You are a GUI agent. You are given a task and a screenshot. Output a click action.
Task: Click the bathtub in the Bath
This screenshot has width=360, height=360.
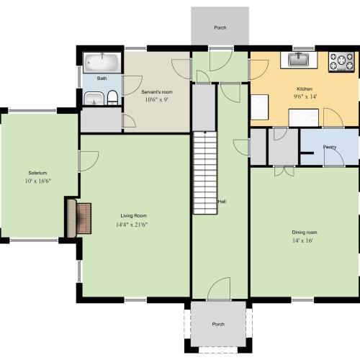(x=102, y=63)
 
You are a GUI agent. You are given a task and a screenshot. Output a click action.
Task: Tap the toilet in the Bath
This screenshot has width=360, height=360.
(x=112, y=98)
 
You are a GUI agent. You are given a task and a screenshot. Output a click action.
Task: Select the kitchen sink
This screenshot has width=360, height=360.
(x=298, y=60)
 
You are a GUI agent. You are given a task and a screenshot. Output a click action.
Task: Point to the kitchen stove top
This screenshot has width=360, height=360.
(x=341, y=62)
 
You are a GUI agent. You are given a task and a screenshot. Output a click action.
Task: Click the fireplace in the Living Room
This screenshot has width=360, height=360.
(x=79, y=218)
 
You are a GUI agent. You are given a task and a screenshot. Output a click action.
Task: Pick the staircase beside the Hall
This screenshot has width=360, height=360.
(x=205, y=172)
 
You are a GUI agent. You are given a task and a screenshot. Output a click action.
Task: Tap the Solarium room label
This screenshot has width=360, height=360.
(x=37, y=173)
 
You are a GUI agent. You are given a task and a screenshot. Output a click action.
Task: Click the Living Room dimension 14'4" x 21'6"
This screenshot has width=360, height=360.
(x=132, y=225)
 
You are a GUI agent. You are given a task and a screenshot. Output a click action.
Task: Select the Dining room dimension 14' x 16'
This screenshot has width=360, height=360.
(x=302, y=240)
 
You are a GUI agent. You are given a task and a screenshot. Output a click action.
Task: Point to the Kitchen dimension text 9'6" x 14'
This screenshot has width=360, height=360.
(x=305, y=96)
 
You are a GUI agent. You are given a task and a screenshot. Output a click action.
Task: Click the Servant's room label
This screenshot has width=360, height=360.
(x=157, y=92)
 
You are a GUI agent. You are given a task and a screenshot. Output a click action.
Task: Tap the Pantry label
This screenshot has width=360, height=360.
(x=330, y=147)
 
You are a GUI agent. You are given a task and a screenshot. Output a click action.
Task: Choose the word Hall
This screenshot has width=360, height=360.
(x=222, y=202)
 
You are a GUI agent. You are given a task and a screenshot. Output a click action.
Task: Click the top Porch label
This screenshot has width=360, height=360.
(x=220, y=27)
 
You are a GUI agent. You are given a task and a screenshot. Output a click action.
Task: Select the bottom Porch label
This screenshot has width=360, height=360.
(x=218, y=324)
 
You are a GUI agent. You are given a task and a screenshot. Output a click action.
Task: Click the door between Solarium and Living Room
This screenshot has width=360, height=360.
(x=89, y=161)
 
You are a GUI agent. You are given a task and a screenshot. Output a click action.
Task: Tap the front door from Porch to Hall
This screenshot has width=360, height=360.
(x=219, y=289)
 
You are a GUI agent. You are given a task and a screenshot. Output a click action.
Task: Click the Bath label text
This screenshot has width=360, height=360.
(x=102, y=78)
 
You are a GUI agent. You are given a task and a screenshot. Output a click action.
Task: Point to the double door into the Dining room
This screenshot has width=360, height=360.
(x=284, y=171)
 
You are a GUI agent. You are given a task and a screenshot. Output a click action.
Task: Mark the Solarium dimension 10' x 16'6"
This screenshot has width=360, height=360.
(x=38, y=181)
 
